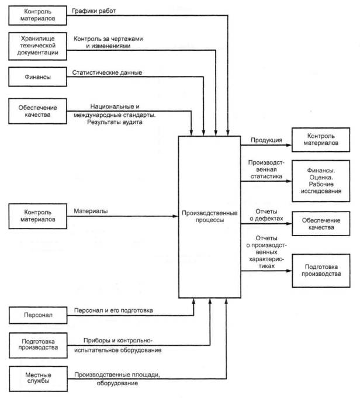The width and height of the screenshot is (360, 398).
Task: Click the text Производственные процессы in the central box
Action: tap(208, 216)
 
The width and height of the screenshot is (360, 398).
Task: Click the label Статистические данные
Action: tap(108, 73)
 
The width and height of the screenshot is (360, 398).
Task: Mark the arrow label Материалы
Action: tap(90, 210)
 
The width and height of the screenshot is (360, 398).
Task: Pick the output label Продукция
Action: tap(266, 140)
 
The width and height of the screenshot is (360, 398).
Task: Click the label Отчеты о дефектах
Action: tap(266, 216)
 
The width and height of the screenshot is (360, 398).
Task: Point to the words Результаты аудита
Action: tap(115, 124)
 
